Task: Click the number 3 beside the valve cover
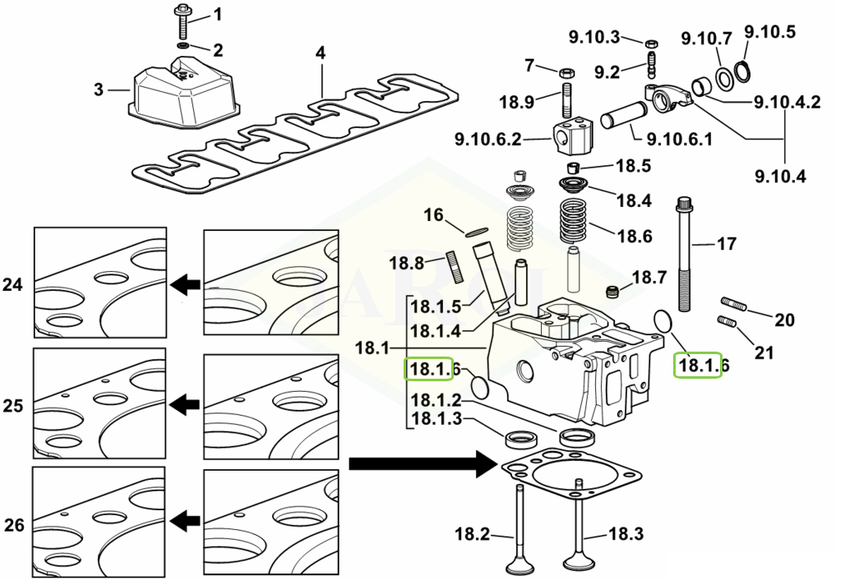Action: tap(99, 90)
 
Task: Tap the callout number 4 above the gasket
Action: tap(321, 53)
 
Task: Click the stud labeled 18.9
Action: tap(566, 99)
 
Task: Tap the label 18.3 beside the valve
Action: tap(626, 535)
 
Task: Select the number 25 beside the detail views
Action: tap(13, 406)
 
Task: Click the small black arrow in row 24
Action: tap(185, 285)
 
